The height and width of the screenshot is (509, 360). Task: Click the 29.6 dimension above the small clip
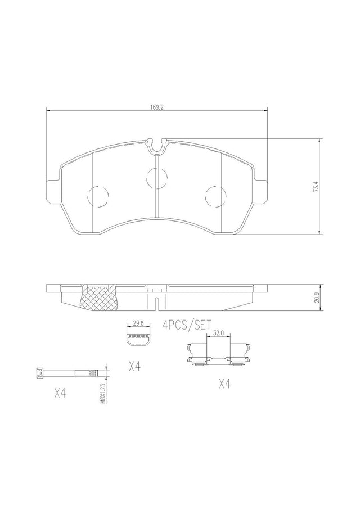click(138, 323)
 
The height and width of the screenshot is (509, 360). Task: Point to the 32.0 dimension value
click(218, 333)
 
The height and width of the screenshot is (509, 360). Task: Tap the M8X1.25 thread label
click(102, 393)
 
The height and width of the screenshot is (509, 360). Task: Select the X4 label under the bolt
click(60, 394)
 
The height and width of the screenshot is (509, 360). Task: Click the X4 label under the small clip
click(134, 367)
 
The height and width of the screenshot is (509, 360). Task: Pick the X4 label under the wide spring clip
click(224, 384)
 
